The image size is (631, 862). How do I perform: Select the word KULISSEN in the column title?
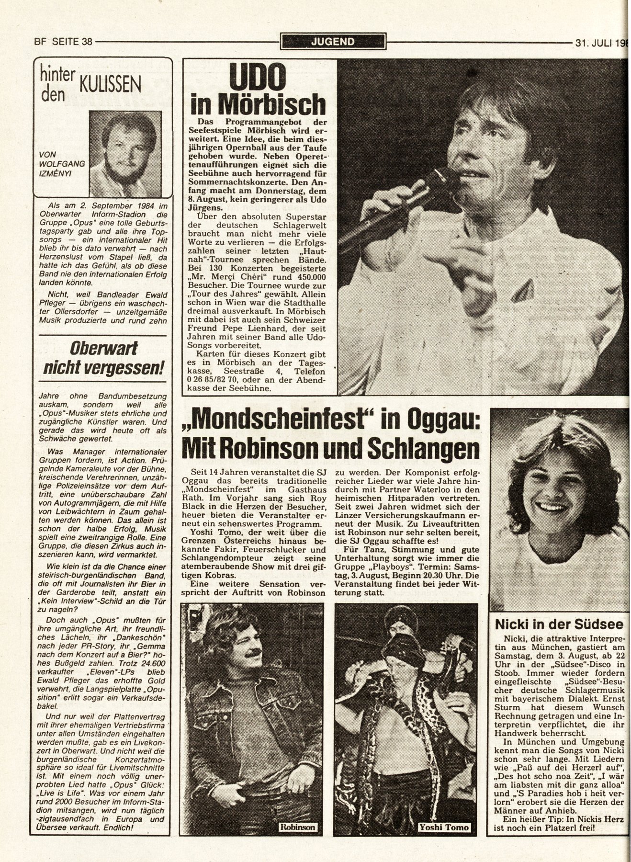tap(110, 86)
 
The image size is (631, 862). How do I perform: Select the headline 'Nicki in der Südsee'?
tap(558, 624)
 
